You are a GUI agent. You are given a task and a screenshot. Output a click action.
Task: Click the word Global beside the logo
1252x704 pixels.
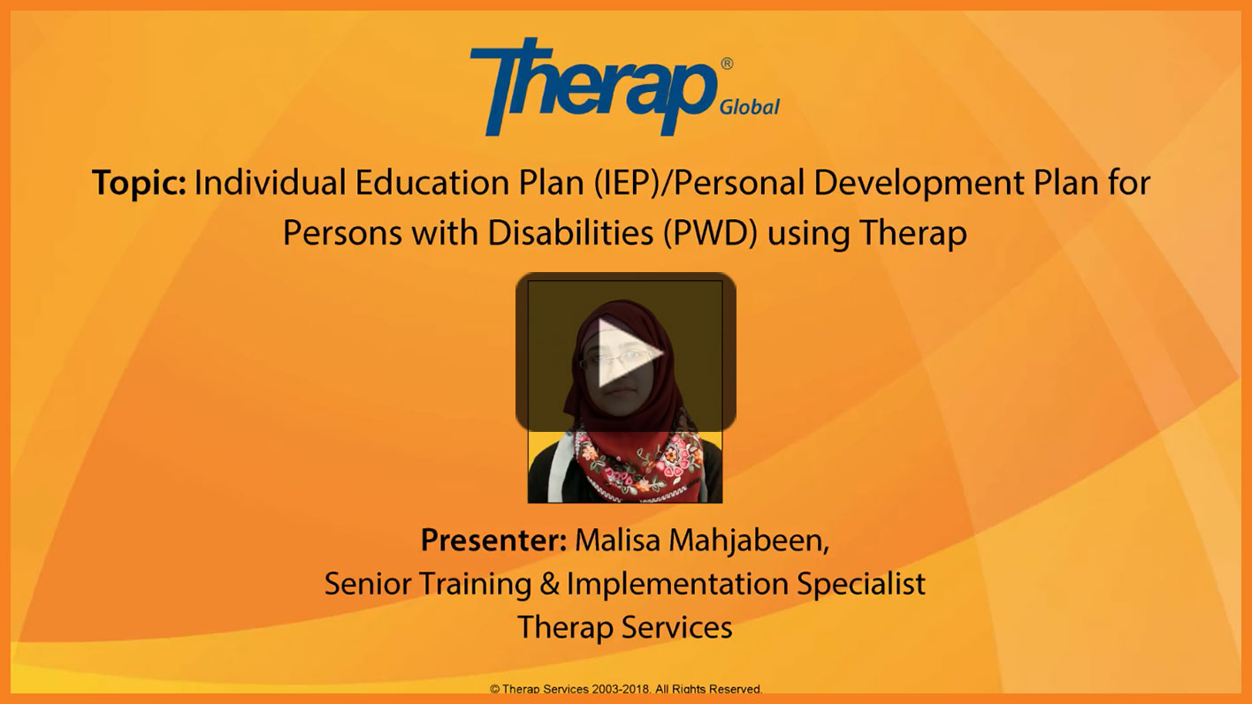(x=749, y=107)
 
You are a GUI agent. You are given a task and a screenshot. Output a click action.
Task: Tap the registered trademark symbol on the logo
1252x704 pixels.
(x=727, y=64)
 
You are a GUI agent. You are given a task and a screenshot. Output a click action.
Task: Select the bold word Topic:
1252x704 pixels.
(x=139, y=183)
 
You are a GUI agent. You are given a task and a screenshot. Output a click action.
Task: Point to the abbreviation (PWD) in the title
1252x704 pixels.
(x=710, y=233)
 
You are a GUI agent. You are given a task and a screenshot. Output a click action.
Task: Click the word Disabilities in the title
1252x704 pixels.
(x=570, y=232)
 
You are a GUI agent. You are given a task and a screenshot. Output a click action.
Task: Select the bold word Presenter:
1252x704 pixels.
(x=494, y=540)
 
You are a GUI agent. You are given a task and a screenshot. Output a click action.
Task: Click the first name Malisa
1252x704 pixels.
(x=618, y=540)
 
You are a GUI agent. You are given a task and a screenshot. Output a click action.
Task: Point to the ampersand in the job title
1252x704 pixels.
(x=549, y=584)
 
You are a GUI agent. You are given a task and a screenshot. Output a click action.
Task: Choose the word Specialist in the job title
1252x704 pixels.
(x=861, y=585)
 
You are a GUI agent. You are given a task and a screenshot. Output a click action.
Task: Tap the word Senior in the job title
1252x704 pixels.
(x=368, y=584)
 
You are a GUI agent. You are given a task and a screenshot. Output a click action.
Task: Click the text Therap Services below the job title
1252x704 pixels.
(x=625, y=627)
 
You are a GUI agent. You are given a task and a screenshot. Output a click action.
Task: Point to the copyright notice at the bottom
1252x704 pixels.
(x=626, y=689)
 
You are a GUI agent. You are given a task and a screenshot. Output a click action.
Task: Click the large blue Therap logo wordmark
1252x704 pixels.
(x=593, y=86)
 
